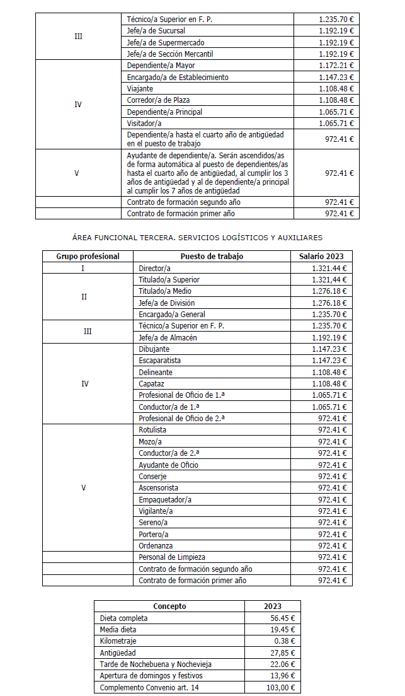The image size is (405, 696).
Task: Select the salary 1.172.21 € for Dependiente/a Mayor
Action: [336, 66]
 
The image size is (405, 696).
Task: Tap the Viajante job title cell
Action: [140, 89]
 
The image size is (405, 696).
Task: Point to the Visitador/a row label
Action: [145, 124]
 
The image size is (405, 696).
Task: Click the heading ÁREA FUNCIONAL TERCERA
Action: [197, 238]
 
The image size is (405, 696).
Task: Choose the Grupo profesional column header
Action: [88, 257]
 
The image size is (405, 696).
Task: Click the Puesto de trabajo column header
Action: [212, 257]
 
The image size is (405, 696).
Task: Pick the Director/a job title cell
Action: [154, 269]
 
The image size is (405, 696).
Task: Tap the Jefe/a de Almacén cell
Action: [168, 337]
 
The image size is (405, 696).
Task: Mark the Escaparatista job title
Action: [159, 361]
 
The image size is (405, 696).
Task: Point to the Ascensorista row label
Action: [158, 488]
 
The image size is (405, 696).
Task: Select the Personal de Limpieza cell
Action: [172, 557]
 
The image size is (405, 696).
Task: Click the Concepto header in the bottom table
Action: [169, 606]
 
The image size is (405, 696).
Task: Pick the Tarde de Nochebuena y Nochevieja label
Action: [156, 664]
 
